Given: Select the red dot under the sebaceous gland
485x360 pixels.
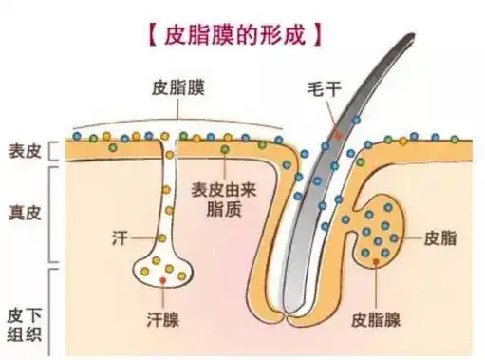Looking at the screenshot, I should pyautogui.click(x=376, y=262).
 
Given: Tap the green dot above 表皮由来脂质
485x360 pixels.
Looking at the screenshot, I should pyautogui.click(x=224, y=149).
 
